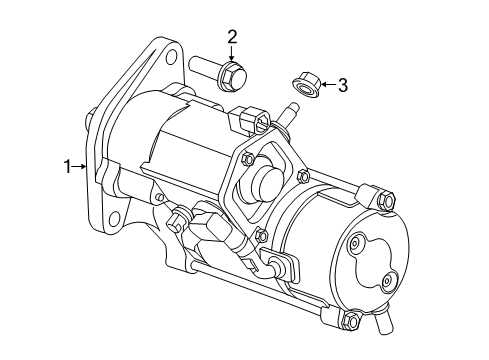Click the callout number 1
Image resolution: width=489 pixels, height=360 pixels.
[x=67, y=167]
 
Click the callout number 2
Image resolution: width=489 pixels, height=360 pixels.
[x=232, y=38]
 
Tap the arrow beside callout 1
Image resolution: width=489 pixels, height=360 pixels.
[x=82, y=167]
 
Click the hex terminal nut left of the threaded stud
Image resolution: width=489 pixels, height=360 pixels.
[x=254, y=121]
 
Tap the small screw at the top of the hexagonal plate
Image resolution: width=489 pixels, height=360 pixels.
[x=247, y=156]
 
